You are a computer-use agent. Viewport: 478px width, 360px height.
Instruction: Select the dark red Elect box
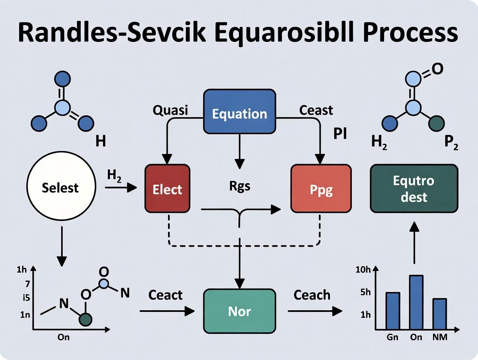(x=167, y=189)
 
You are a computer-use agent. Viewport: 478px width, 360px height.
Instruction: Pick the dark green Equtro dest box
(x=414, y=188)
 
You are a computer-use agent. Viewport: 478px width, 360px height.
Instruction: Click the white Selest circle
(x=60, y=188)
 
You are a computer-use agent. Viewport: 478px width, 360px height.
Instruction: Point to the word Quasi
(x=171, y=110)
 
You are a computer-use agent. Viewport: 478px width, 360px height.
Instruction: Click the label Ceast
(x=316, y=110)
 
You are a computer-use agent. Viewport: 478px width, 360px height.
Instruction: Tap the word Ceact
(x=165, y=295)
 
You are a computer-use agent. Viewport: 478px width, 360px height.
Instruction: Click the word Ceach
(x=312, y=295)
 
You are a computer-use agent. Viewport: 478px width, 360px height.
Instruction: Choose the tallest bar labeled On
(x=416, y=302)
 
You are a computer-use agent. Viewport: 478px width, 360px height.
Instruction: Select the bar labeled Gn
(x=392, y=311)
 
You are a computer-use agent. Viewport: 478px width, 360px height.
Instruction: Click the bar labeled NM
(x=439, y=314)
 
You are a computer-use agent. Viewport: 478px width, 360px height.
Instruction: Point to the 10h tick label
(x=362, y=270)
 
